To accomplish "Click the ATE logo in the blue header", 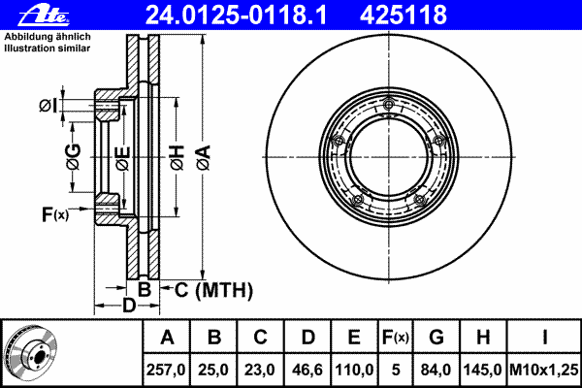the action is coord(44,15).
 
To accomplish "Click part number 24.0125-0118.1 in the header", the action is coord(236,15).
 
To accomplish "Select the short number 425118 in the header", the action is coord(404,15).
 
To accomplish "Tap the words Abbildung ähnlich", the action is coord(48,37).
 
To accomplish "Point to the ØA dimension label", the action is coord(204,157).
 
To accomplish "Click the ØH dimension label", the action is coord(178,157).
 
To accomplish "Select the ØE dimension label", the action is coord(123,159).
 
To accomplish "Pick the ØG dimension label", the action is coord(74,157).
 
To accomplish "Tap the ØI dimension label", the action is coord(48,106).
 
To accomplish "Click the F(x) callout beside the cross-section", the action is coord(55,214).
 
